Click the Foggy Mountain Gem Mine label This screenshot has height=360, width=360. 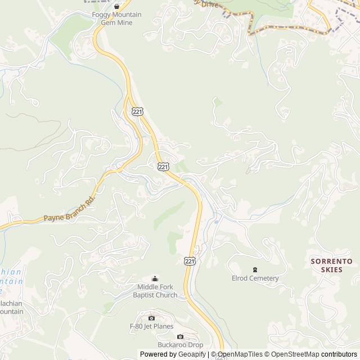point(120,19)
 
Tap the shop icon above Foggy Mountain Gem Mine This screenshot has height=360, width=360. point(116,6)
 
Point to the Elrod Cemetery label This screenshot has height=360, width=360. point(255,278)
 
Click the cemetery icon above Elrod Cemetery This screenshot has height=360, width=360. point(255,269)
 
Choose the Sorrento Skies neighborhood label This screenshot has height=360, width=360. point(332,265)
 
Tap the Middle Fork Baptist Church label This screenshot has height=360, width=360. point(155,291)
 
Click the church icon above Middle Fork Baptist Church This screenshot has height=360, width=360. point(155,278)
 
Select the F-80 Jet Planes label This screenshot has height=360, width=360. point(151,326)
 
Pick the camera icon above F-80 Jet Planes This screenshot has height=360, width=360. point(151,318)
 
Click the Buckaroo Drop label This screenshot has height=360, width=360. point(180,345)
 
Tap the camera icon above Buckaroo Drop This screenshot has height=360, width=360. point(180,336)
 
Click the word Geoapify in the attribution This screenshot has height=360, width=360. point(192,354)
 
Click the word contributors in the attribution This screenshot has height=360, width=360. point(339,354)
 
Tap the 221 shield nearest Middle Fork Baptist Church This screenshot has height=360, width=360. point(190,260)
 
